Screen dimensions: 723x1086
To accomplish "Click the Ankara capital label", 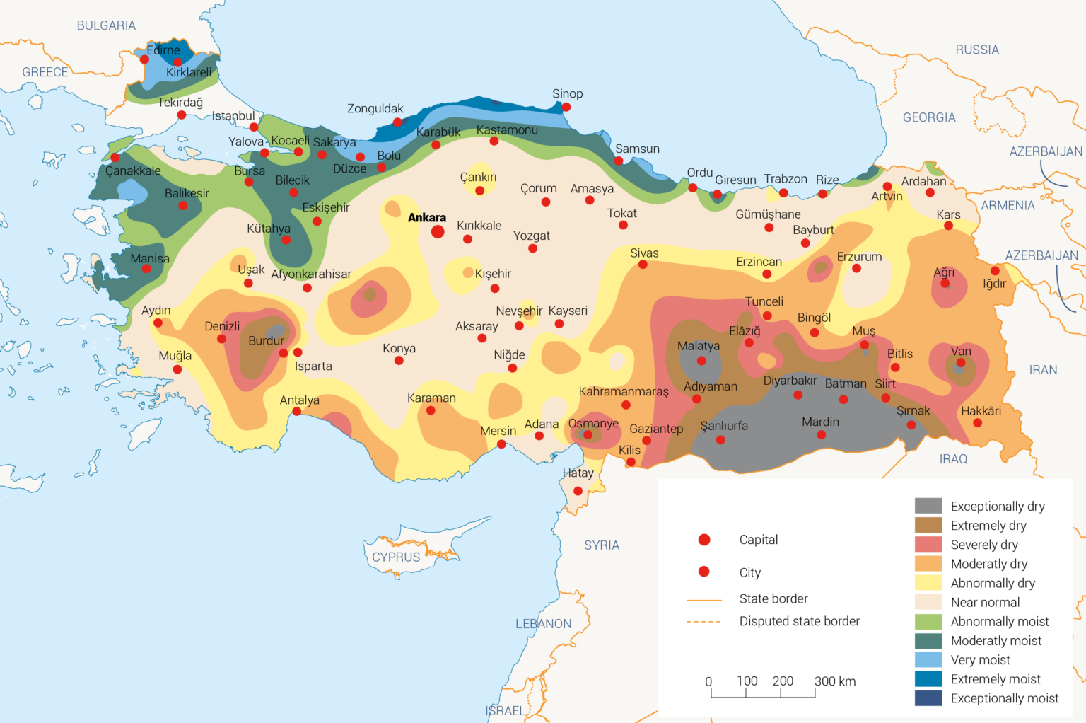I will click(426, 217).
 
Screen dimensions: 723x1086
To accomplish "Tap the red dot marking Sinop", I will click(566, 108).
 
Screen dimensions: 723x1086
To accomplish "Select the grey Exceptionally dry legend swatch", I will click(928, 506).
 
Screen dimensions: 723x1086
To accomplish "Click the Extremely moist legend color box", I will click(928, 678).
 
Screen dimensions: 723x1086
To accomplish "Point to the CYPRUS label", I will click(396, 557).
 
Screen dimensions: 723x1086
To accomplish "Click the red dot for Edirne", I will click(145, 59).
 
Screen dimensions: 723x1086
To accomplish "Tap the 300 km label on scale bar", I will click(835, 681).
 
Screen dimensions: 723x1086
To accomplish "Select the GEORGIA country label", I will click(929, 117).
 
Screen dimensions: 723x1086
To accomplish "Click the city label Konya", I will click(399, 348).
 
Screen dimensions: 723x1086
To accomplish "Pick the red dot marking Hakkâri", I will click(977, 423).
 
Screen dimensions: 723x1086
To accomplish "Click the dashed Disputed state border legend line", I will click(703, 622).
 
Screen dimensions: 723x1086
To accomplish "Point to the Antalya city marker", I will click(296, 412).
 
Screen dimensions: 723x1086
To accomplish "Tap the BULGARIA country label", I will click(106, 25).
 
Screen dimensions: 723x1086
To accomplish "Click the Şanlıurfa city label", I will click(724, 426).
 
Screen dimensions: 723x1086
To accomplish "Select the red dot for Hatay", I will click(578, 491).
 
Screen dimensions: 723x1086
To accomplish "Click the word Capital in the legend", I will click(758, 540).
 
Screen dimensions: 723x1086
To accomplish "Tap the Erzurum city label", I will click(859, 257).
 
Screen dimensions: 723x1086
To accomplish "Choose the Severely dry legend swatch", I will click(928, 544).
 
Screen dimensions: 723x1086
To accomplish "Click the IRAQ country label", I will click(953, 459).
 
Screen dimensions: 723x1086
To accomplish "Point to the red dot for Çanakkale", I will click(115, 158).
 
